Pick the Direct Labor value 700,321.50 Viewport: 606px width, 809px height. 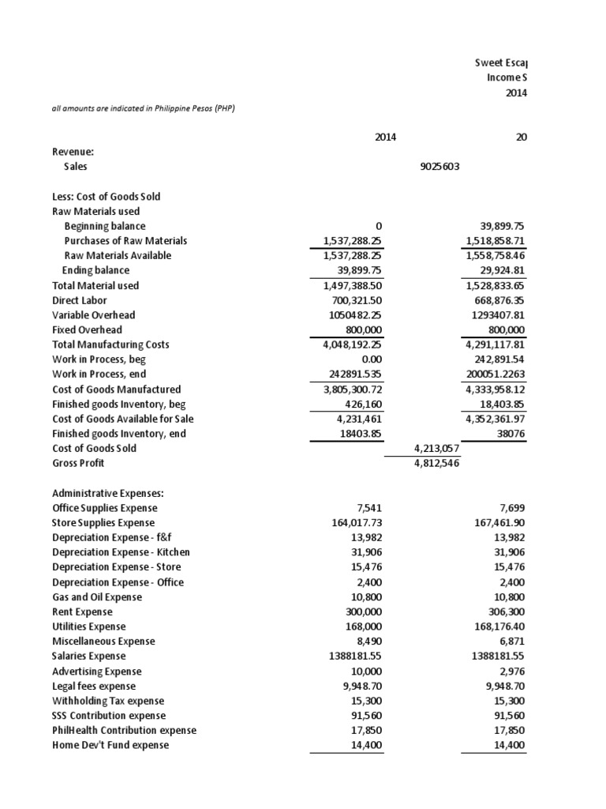343,300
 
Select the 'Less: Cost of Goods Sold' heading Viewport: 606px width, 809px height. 107,197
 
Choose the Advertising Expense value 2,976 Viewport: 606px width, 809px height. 511,671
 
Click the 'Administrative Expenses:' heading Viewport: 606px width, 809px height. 108,493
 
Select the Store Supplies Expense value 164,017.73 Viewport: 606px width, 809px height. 343,523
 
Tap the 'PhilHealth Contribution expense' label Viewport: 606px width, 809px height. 124,730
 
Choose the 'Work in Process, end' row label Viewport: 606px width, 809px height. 99,374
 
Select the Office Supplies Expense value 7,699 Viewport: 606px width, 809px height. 511,508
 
